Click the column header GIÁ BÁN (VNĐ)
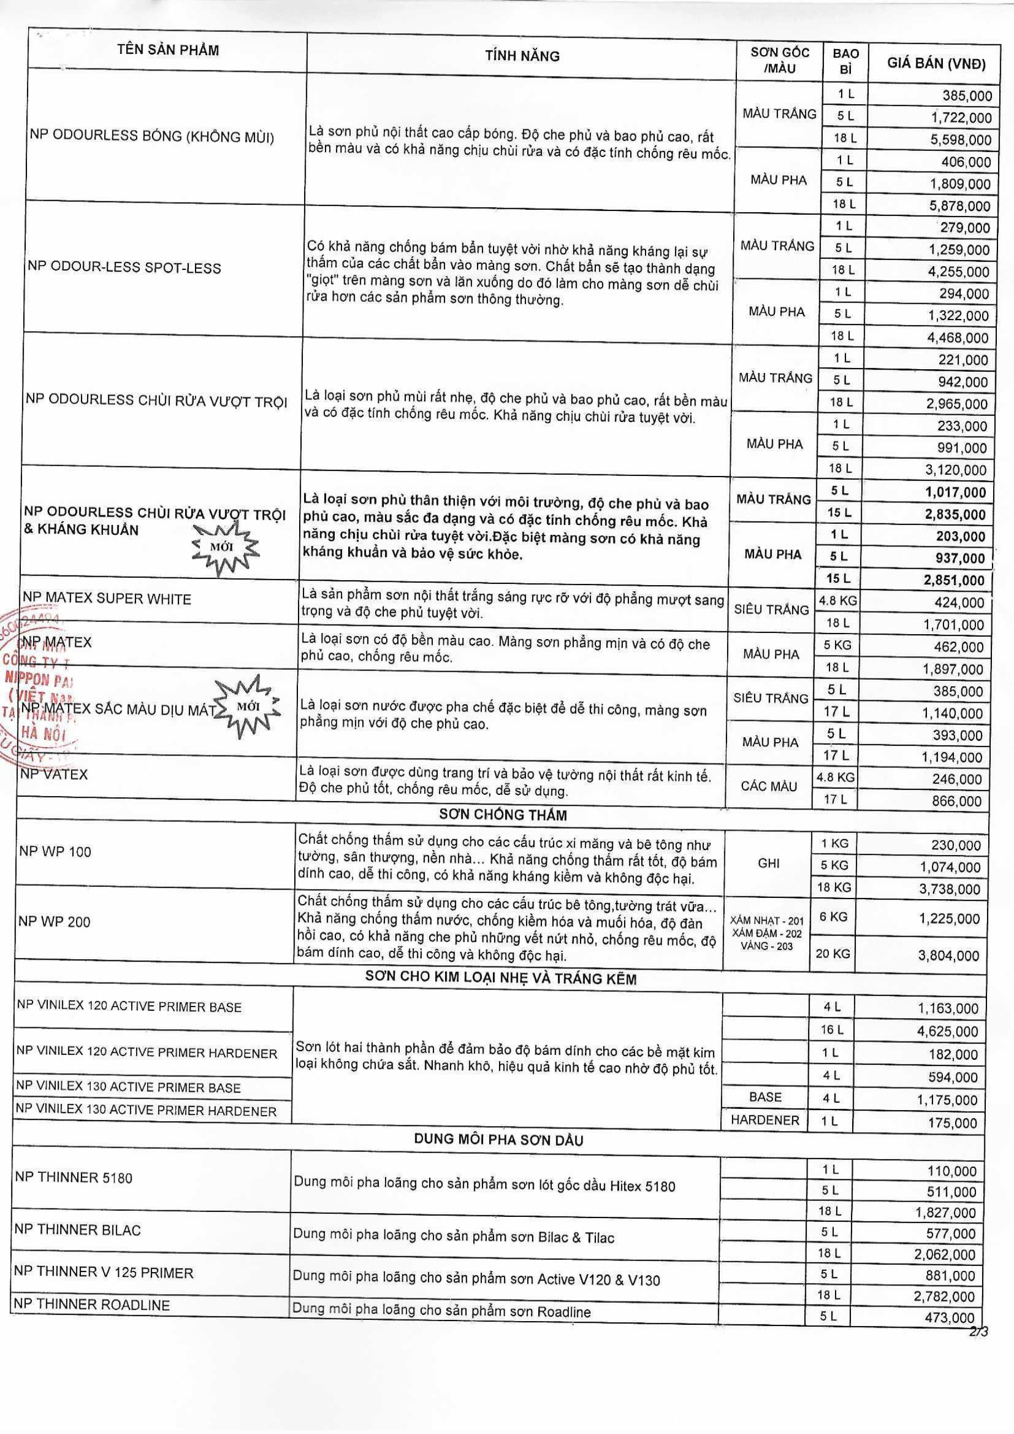(x=936, y=64)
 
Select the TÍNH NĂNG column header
(x=522, y=56)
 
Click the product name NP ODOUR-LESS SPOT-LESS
(x=124, y=268)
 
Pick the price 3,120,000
(x=956, y=470)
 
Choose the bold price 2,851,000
(x=954, y=580)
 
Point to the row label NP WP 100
(x=55, y=851)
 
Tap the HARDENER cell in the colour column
(x=765, y=1120)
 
